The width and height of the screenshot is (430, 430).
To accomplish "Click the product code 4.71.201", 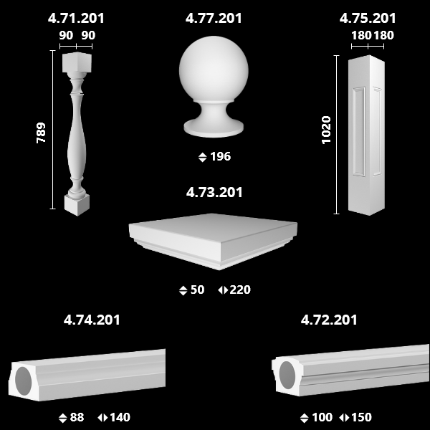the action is pyautogui.click(x=76, y=19).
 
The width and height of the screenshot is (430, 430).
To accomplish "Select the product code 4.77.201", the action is pyautogui.click(x=214, y=19).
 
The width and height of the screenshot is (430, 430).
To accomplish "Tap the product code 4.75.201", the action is pyautogui.click(x=368, y=19).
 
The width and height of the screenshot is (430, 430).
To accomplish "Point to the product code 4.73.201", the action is pyautogui.click(x=214, y=192).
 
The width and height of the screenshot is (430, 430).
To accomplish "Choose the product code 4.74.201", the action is pyautogui.click(x=92, y=320).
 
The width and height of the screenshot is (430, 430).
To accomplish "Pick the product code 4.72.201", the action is pyautogui.click(x=329, y=320).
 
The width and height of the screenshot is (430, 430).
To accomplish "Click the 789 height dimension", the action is pyautogui.click(x=41, y=133).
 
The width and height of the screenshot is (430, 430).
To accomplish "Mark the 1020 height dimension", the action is pyautogui.click(x=326, y=130).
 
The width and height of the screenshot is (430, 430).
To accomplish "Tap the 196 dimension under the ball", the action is pyautogui.click(x=221, y=156).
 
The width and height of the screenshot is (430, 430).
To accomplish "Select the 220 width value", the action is pyautogui.click(x=240, y=290).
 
